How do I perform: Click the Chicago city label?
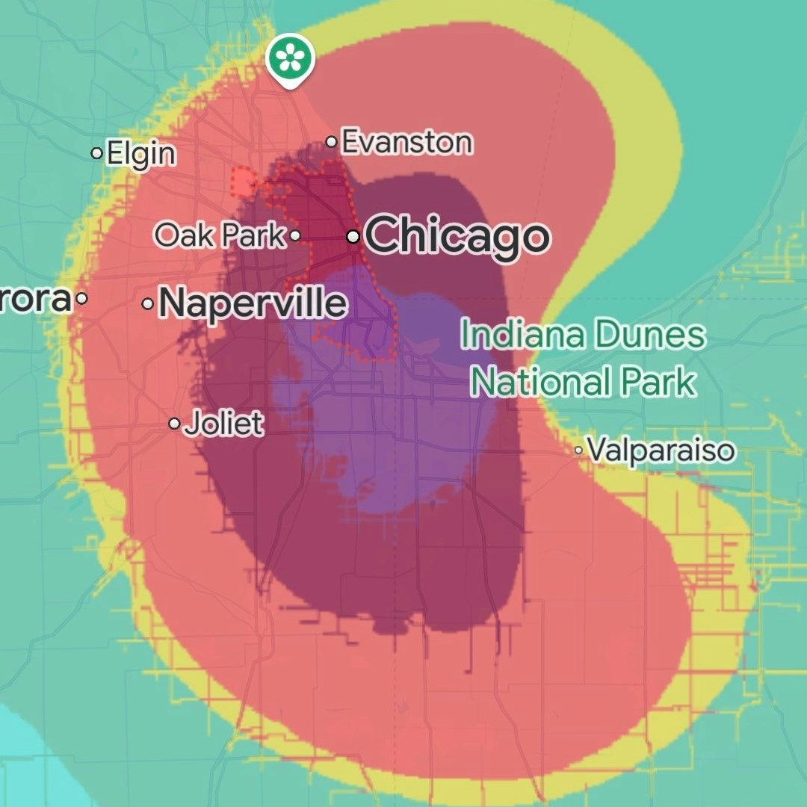pyautogui.click(x=457, y=236)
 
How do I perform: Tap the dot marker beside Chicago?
pyautogui.click(x=353, y=237)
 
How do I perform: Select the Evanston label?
pyautogui.click(x=406, y=142)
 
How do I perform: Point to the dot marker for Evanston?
pyautogui.click(x=331, y=142)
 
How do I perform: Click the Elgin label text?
pyautogui.click(x=141, y=154)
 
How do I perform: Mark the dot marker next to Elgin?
pyautogui.click(x=96, y=153)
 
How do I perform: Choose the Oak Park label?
pyautogui.click(x=220, y=235)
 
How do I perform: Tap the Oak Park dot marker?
pyautogui.click(x=295, y=236)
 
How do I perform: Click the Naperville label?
pyautogui.click(x=253, y=303)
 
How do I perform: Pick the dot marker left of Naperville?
pyautogui.click(x=148, y=304)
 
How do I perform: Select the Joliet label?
pyautogui.click(x=223, y=424)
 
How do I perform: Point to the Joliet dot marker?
pyautogui.click(x=174, y=424)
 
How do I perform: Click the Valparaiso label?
pyautogui.click(x=661, y=451)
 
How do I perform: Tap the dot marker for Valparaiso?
pyautogui.click(x=579, y=451)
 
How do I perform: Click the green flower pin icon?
pyautogui.click(x=290, y=58)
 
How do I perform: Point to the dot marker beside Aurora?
pyautogui.click(x=82, y=298)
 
